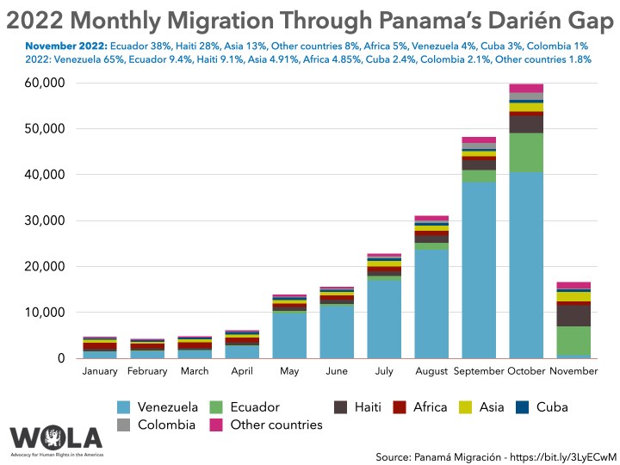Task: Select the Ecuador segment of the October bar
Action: (x=525, y=152)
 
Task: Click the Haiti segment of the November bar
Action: (x=573, y=316)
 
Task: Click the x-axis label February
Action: (x=147, y=371)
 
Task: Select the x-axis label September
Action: (x=478, y=371)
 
